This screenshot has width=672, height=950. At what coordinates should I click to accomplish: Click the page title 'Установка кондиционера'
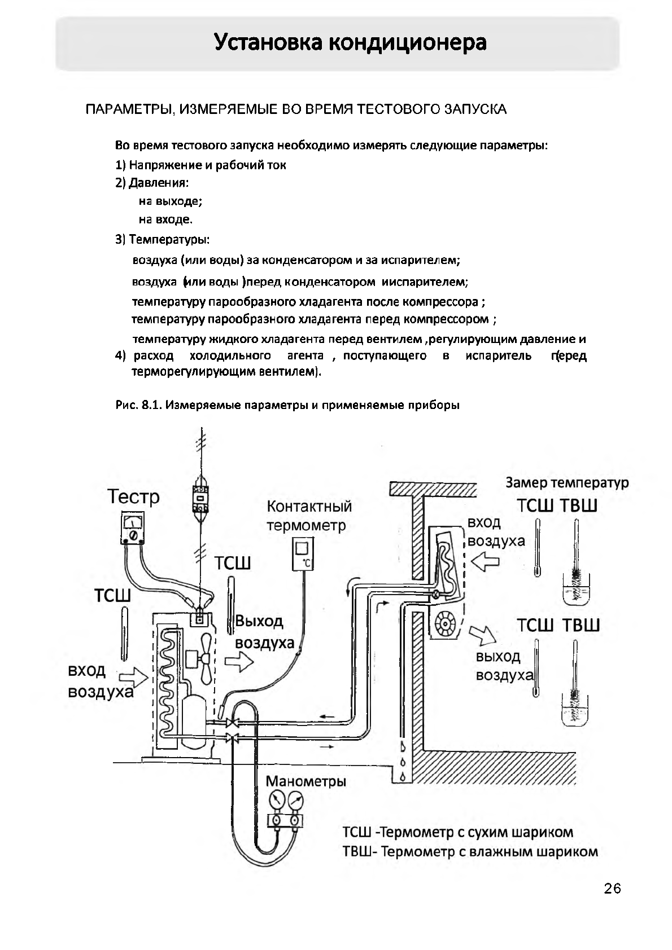pos(350,43)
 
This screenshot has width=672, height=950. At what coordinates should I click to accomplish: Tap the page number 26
pos(612,889)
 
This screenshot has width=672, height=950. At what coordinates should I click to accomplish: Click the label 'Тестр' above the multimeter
pos(134,497)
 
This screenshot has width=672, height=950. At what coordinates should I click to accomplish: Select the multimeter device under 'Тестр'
pos(133,529)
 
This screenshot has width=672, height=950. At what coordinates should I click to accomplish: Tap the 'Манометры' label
pos(306,781)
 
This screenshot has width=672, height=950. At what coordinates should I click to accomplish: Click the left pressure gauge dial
pos(277,800)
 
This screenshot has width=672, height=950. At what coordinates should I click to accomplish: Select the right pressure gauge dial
pos(295,800)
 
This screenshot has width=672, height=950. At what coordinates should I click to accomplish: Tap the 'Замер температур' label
pos(566,483)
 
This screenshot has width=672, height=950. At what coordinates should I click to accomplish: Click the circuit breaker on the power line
pos(201,498)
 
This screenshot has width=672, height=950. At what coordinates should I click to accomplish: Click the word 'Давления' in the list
pos(158,183)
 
